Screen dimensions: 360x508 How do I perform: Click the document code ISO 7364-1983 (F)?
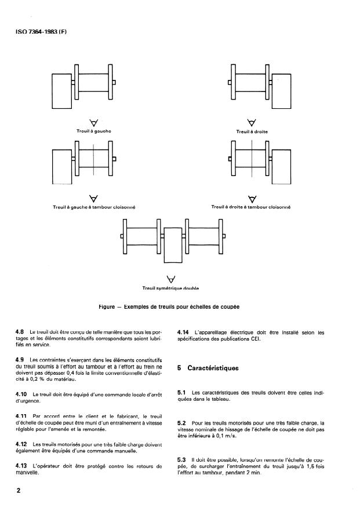click(41, 32)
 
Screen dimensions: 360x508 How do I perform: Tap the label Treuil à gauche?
click(94, 131)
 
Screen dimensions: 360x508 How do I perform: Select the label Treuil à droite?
click(252, 131)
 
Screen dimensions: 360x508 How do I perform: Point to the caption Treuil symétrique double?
click(170, 288)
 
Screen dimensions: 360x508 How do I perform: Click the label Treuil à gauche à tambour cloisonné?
click(94, 207)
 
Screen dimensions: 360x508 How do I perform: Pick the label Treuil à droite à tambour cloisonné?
click(251, 207)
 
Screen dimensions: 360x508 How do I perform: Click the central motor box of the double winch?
click(173, 245)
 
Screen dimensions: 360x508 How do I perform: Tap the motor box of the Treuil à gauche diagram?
click(62, 92)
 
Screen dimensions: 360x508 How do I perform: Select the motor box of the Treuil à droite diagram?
click(281, 92)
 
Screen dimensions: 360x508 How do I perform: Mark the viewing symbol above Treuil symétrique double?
click(170, 279)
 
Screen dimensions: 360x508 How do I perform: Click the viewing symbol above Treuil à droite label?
click(252, 123)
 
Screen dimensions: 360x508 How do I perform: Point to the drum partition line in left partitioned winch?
click(93, 159)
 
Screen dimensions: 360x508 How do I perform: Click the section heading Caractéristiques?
click(213, 368)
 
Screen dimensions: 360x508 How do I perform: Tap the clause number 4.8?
click(20, 332)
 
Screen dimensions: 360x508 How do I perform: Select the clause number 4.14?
click(183, 332)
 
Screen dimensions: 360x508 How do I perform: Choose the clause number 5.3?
click(181, 460)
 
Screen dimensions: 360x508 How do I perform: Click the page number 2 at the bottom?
click(18, 491)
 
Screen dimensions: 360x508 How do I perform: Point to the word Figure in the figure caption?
click(107, 307)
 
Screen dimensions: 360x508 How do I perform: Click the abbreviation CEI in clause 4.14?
click(255, 339)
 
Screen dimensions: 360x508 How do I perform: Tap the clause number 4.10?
click(21, 394)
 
